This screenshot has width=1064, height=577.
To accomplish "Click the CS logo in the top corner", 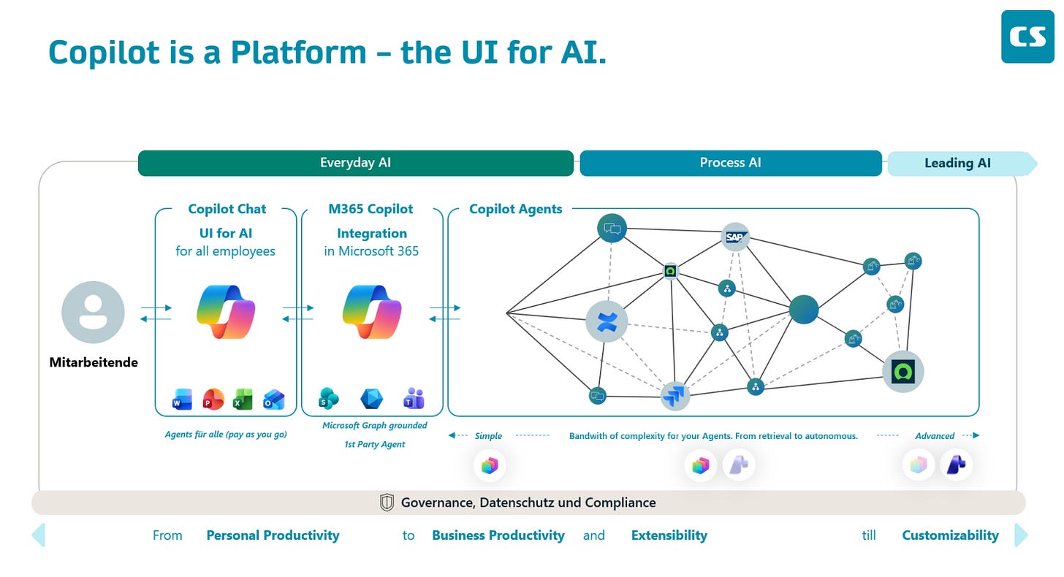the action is pos(1027,37).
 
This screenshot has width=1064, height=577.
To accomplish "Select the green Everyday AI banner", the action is pos(356,163).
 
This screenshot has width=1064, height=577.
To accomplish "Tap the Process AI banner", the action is pos(731,163).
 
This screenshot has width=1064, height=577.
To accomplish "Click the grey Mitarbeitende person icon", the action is pos(93,312).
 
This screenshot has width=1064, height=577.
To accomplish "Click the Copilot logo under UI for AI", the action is pos(226,312).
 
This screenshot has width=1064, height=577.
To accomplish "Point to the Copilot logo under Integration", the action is pos(372,312).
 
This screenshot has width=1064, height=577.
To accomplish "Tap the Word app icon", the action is pos(182,399).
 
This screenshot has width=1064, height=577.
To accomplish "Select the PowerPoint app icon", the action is pos(213,399).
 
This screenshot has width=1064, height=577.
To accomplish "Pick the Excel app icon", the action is pos(243,399).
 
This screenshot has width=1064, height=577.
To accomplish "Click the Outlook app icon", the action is pos(273,399).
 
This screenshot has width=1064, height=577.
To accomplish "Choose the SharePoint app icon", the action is pos(329,398).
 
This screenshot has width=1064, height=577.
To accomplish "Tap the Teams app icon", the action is pos(414,398).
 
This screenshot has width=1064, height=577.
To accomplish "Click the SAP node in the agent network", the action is pos(735,237).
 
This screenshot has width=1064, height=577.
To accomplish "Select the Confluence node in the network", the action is pos(607,321).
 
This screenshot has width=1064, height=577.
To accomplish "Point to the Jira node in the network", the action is pos(675,396).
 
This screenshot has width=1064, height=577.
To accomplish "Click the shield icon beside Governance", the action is pos(387,503).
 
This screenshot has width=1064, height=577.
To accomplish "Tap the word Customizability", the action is pos(950,535).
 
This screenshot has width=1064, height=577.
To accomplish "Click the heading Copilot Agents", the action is pos(515,209).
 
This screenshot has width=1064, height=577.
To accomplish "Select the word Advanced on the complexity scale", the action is pos(935,436).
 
